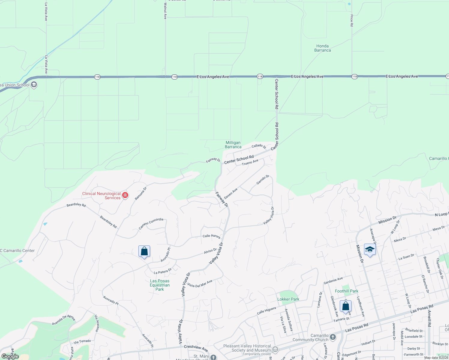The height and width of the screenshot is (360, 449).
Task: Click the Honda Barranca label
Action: coord(323,48)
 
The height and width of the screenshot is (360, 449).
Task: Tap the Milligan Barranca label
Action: coord(233,145)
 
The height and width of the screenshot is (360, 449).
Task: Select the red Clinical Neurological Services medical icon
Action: coord(125,195)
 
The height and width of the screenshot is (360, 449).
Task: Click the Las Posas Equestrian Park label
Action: coord(160,285)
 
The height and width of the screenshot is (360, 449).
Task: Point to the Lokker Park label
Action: coord(288,299)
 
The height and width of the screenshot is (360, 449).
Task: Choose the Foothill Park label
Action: coord(346,291)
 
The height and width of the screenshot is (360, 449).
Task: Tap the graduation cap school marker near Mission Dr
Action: coord(370,250)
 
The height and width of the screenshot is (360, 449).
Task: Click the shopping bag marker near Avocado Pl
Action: coord(144,251)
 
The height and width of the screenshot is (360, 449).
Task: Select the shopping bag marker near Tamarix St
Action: coord(345,306)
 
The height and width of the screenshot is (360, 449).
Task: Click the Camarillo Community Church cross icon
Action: coord(333,337)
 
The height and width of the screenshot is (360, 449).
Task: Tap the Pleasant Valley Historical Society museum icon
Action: coord(275,349)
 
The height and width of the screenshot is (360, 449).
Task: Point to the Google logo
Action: coord(10,356)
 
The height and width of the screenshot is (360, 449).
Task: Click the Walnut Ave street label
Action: coord(165,11)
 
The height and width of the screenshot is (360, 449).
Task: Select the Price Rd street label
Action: coord(352,20)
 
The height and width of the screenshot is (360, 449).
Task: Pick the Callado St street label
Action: coord(259,146)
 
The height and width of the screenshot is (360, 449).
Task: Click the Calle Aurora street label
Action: coord(211,236)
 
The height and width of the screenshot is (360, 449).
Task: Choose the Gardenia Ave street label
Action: coord(333,281)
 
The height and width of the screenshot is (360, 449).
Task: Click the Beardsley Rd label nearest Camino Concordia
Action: coord(108,222)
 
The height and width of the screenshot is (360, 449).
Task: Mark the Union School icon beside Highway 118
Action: coord(34,85)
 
